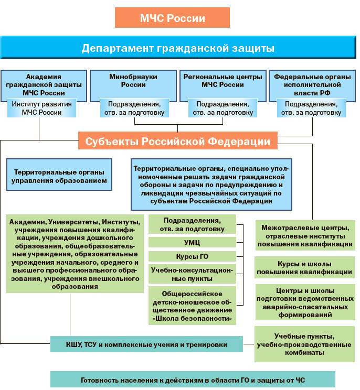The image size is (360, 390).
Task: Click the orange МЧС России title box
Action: click(172, 18)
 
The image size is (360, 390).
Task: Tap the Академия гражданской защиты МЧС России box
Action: click(44, 84)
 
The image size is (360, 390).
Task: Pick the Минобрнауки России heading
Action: click(133, 80)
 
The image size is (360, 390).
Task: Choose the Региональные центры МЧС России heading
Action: click(223, 80)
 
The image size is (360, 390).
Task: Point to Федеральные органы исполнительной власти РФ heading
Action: click(312, 84)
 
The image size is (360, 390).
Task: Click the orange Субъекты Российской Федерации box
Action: click(178, 142)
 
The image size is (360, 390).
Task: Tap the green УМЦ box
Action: click(191, 242)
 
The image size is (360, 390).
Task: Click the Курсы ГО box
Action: click(191, 256)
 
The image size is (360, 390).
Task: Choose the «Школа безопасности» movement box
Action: click(191, 306)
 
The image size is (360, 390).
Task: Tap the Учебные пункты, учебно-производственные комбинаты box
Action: click(304, 344)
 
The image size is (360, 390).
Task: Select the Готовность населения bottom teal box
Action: click(193, 380)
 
